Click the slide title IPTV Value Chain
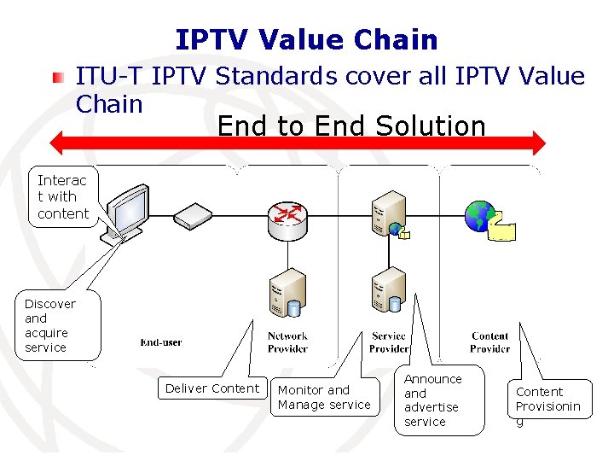(306, 39)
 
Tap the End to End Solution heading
(351, 126)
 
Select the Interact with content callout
(62, 196)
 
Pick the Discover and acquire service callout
(50, 325)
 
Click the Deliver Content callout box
(211, 388)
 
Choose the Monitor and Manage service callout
(324, 397)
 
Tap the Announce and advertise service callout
(432, 400)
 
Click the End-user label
(161, 342)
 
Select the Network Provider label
(287, 342)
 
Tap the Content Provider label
(489, 342)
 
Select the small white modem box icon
(191, 215)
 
